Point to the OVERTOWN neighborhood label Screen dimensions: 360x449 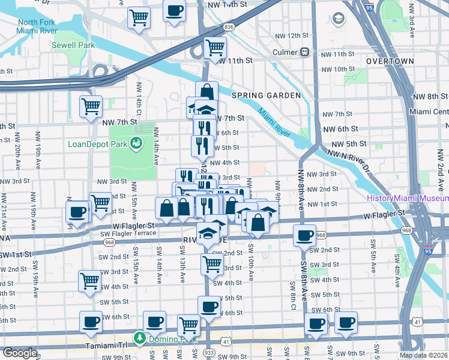[390, 61]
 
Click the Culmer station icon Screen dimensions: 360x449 [305, 52]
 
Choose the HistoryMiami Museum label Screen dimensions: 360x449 [406, 199]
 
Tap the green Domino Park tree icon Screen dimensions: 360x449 [139, 338]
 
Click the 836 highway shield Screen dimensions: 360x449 [229, 27]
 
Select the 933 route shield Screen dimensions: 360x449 [209, 352]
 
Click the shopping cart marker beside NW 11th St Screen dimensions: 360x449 [215, 47]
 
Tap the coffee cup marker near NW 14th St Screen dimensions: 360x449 [175, 11]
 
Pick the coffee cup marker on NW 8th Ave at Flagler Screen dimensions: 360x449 [305, 235]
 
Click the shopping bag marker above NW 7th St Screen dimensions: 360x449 [206, 92]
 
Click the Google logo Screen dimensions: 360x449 [20, 353]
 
